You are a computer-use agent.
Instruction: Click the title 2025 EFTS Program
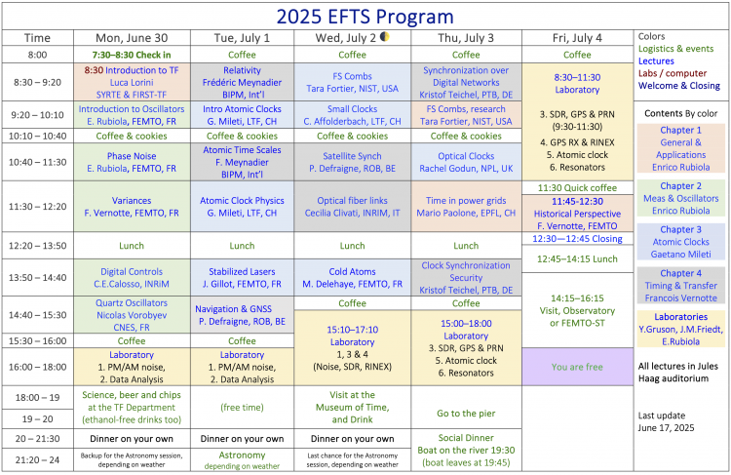[x=365, y=17]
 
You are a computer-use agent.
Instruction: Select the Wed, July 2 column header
[x=352, y=38]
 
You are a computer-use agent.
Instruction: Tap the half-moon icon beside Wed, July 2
[x=385, y=36]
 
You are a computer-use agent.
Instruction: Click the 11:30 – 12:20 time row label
[x=37, y=206]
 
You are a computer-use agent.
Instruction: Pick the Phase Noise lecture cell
[x=132, y=162]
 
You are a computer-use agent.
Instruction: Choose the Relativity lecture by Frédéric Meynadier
[x=242, y=82]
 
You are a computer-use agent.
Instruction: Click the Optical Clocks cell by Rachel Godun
[x=466, y=162]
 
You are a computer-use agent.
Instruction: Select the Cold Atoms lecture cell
[x=353, y=278]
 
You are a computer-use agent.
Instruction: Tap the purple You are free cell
[x=578, y=367]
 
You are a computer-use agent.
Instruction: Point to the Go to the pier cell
[x=466, y=413]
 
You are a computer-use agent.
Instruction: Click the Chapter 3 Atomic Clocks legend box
[x=681, y=242]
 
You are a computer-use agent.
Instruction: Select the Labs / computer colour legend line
[x=673, y=73]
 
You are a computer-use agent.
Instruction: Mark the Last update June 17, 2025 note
[x=667, y=421]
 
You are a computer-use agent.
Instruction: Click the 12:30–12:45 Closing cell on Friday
[x=578, y=238]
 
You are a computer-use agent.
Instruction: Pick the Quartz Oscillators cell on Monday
[x=132, y=315]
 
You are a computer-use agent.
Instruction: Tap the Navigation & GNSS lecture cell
[x=242, y=315]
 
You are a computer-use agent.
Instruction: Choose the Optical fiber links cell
[x=353, y=206]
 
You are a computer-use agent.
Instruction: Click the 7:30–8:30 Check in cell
[x=132, y=55]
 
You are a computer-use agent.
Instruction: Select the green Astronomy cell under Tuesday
[x=242, y=459]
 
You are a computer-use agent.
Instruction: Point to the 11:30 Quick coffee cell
[x=578, y=187]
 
